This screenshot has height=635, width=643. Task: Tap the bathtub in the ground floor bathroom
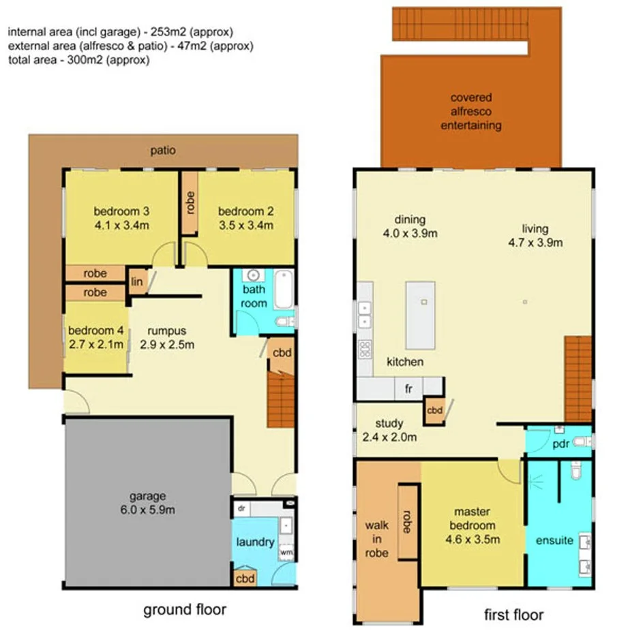[283, 290]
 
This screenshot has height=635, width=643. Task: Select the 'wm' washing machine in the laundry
[286, 552]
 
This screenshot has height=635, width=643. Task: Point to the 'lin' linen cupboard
[137, 281]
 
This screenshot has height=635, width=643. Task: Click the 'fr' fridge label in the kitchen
[409, 389]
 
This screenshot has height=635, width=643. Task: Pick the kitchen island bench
[421, 315]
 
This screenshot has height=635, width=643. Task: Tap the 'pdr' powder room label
[560, 444]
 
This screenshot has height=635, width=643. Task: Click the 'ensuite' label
[555, 540]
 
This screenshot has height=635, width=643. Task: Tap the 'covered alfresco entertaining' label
[470, 112]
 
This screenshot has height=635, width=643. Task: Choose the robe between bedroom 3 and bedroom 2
[190, 202]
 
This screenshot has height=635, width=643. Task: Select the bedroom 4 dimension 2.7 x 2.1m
[95, 344]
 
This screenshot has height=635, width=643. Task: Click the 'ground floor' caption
[184, 609]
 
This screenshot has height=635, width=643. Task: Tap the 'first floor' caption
[513, 615]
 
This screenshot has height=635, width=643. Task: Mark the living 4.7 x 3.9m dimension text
[535, 243]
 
